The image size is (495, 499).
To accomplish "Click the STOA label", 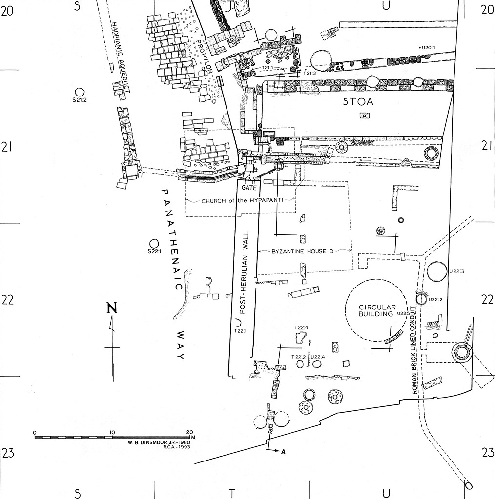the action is pyautogui.click(x=358, y=102).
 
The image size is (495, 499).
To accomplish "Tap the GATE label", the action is pyautogui.click(x=249, y=188).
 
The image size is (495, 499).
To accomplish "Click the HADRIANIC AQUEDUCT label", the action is pyautogui.click(x=121, y=58).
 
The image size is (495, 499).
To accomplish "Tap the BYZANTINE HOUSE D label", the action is pyautogui.click(x=303, y=251).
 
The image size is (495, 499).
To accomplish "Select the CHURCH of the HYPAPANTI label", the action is pyautogui.click(x=242, y=201).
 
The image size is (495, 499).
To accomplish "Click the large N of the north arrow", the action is pyautogui.click(x=112, y=308).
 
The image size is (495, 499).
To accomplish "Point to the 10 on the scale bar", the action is pyautogui.click(x=112, y=433).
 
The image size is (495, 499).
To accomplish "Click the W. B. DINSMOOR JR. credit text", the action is pyautogui.click(x=159, y=442).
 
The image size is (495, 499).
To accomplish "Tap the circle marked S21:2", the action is pyautogui.click(x=79, y=92).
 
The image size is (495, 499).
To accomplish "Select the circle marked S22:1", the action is pyautogui.click(x=154, y=244).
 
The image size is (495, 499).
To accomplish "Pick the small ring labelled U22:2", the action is pyautogui.click(x=421, y=299).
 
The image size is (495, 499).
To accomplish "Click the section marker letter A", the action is pyautogui.click(x=282, y=451).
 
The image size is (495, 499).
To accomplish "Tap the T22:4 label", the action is pyautogui.click(x=301, y=327).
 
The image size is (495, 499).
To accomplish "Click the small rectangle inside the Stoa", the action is pyautogui.click(x=365, y=115).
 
